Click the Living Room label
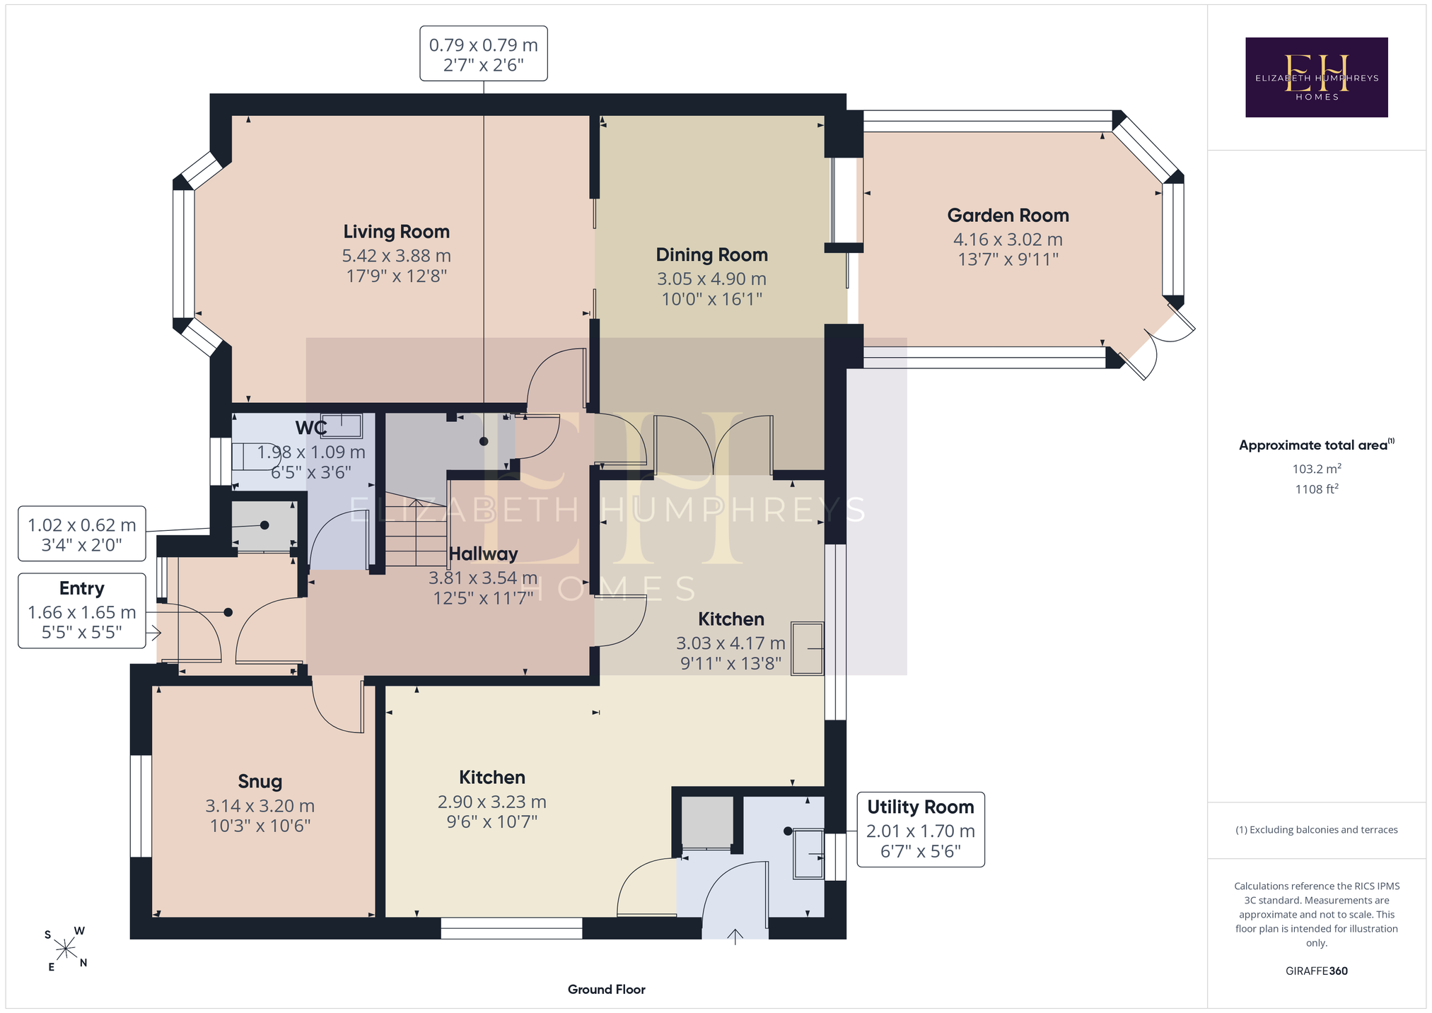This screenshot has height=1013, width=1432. click(396, 232)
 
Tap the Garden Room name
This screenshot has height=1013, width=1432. click(1008, 216)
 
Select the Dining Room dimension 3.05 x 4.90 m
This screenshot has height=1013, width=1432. click(711, 279)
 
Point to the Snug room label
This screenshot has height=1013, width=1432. click(260, 782)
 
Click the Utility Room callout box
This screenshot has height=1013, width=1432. click(921, 829)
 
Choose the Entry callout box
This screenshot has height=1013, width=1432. click(82, 611)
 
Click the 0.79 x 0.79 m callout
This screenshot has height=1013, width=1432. click(484, 54)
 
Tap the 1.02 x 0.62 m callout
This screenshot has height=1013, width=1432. click(82, 534)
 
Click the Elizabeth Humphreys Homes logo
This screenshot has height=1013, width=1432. click(1316, 77)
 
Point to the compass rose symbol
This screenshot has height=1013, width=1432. click(66, 949)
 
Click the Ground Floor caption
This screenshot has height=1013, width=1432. click(607, 990)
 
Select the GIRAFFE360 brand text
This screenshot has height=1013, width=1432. click(1317, 971)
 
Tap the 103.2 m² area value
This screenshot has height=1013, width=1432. click(1317, 469)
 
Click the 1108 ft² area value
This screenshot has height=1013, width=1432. click(1317, 489)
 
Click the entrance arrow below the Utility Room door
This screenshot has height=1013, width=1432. click(735, 937)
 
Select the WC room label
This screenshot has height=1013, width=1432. click(311, 428)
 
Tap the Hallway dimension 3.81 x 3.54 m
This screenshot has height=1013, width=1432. click(483, 578)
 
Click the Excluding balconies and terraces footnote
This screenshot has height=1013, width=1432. click(1317, 830)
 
